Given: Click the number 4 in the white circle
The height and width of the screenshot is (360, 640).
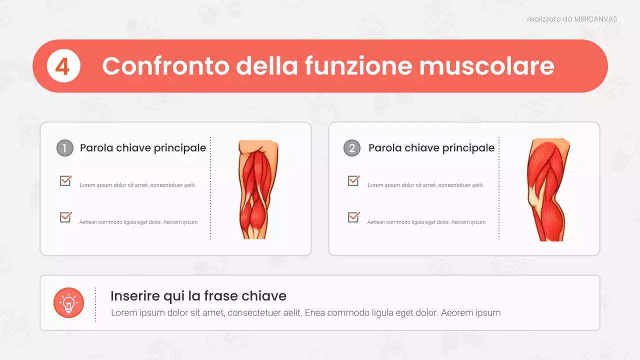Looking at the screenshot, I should (63, 66).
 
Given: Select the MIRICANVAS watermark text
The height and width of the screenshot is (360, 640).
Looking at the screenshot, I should (595, 19).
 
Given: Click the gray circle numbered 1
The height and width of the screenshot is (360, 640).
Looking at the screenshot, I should (65, 148).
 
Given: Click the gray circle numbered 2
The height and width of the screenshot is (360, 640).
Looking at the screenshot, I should (352, 148).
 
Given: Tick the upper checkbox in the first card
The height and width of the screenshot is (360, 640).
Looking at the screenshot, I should (65, 180).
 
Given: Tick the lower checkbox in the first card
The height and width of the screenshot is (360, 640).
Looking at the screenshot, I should (65, 217).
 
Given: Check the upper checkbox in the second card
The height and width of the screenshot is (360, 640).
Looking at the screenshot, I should (353, 180).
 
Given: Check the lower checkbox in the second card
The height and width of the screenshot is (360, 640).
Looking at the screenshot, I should (353, 217).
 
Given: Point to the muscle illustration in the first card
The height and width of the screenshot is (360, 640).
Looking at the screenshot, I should (258, 189).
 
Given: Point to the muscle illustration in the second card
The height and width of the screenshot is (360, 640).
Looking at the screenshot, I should (547, 189).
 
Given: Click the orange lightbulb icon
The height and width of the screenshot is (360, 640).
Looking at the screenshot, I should (68, 303).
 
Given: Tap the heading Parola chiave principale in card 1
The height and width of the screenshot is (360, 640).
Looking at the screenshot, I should (143, 148).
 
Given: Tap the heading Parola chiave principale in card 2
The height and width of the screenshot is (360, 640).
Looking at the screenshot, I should (431, 148).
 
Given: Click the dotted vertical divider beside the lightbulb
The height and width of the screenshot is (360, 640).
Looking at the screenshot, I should (95, 304).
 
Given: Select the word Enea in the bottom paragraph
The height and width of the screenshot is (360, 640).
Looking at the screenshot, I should (314, 313).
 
